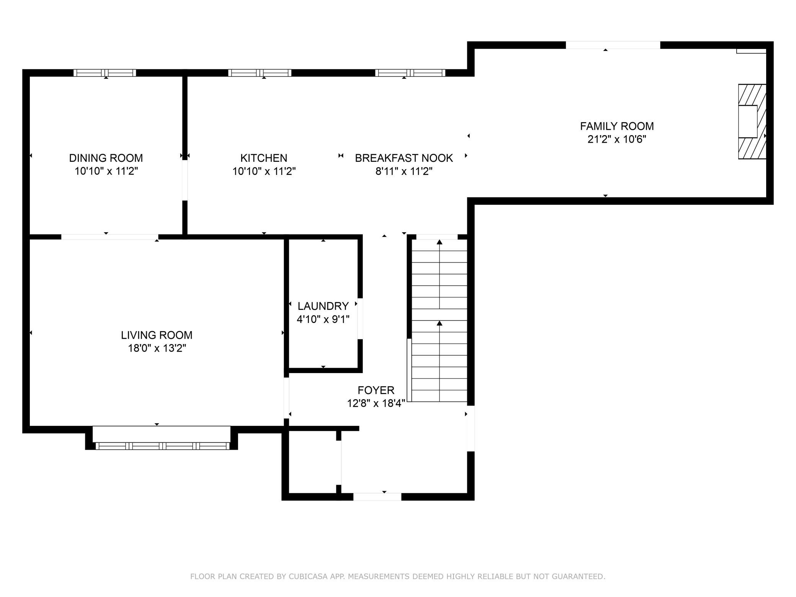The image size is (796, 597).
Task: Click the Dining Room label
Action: [x=106, y=158]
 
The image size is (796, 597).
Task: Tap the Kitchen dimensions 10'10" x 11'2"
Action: [x=264, y=171]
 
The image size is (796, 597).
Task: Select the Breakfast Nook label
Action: [x=404, y=158]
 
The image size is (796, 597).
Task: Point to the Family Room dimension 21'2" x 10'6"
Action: [x=617, y=139]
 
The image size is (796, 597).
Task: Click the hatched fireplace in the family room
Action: [x=752, y=121]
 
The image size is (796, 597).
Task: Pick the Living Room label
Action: [x=157, y=335]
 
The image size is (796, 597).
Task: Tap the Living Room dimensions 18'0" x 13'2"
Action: [x=157, y=348]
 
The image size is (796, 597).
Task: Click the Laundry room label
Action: [x=323, y=306]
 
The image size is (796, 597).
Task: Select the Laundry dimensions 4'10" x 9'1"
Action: [x=323, y=319]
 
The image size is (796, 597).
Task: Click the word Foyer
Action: [x=376, y=390]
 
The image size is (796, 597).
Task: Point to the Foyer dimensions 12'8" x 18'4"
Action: [x=376, y=403]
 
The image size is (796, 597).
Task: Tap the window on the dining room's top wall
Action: [x=105, y=73]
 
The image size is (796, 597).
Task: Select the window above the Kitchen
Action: [x=260, y=73]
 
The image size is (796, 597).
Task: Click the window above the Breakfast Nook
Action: [x=410, y=73]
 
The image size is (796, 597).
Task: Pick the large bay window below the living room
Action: [x=162, y=445]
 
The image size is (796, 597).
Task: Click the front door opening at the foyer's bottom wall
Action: [x=377, y=497]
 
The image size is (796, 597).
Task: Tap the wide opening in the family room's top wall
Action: [x=613, y=45]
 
